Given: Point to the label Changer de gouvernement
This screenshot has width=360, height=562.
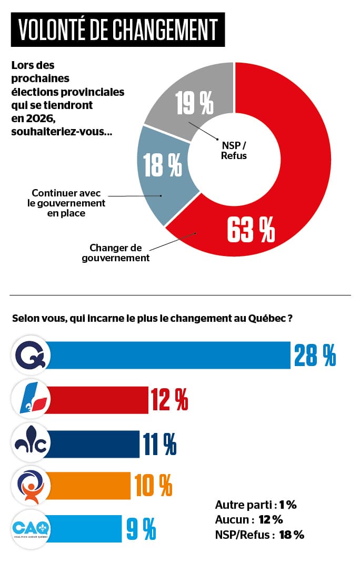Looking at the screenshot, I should (x=116, y=253).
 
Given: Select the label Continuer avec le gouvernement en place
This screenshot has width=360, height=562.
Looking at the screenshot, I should (x=66, y=203).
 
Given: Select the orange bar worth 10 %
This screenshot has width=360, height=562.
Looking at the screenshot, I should (x=89, y=485).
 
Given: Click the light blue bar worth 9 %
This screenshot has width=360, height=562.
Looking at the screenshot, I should (x=84, y=527).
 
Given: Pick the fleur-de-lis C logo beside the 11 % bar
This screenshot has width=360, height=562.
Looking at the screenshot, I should (x=31, y=443).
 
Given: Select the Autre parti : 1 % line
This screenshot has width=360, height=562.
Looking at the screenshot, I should (x=256, y=505).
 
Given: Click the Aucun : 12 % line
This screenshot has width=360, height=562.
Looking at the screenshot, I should (x=249, y=520).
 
